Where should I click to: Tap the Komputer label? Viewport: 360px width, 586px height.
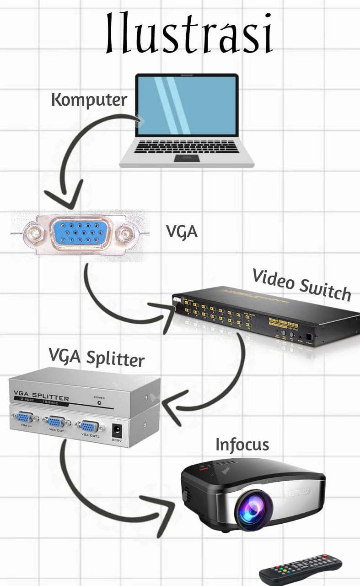point(89,100)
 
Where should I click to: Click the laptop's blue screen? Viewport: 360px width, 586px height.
point(187,105)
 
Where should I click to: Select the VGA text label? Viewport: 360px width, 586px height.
point(182,232)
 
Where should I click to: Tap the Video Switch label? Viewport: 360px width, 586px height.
point(301,285)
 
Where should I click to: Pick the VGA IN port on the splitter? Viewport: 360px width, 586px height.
point(25,418)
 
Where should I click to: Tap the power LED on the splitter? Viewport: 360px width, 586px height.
point(99,403)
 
